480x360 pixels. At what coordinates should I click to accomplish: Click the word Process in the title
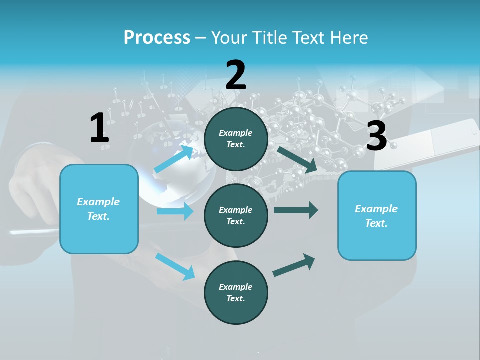point(157,38)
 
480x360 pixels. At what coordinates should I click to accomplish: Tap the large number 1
point(99,128)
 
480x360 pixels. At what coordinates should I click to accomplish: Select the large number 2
point(236,75)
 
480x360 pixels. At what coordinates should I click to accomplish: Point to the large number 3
point(376,136)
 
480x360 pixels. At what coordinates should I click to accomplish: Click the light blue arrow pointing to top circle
point(173,159)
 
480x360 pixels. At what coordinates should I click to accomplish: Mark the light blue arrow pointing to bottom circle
point(175,266)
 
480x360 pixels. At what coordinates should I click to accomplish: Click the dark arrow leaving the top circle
point(297,160)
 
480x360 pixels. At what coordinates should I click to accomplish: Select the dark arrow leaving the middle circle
point(295,210)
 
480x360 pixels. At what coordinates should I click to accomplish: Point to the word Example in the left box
point(98,202)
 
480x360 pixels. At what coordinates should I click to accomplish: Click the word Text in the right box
point(376,223)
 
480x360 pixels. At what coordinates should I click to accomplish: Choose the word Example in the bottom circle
point(235,287)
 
